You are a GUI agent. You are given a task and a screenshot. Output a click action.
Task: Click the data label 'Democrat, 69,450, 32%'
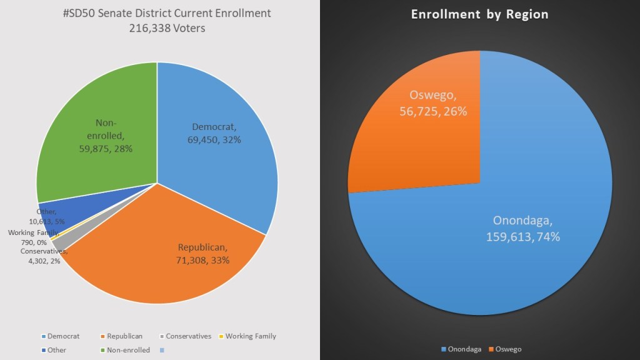pyautogui.click(x=216, y=133)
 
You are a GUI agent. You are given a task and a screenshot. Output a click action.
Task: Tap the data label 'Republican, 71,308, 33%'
pyautogui.click(x=204, y=253)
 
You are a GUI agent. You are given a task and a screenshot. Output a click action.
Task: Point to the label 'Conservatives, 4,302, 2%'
pyautogui.click(x=41, y=256)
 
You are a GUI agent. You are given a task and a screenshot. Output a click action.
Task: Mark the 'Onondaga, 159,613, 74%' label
pyautogui.click(x=523, y=229)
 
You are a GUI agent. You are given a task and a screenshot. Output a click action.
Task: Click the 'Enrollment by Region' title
pyautogui.click(x=479, y=14)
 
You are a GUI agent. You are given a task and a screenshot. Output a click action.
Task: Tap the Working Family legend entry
pyautogui.click(x=250, y=336)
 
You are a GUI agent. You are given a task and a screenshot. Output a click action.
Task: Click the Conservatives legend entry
pyautogui.click(x=187, y=336)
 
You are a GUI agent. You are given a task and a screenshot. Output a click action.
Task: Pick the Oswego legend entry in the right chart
pyautogui.click(x=507, y=349)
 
